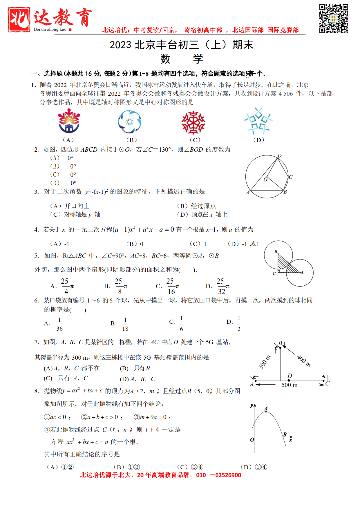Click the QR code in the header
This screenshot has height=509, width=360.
334,19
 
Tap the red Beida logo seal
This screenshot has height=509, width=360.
19,19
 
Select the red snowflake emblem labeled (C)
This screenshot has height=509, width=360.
193,122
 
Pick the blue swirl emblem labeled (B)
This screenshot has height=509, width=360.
130,122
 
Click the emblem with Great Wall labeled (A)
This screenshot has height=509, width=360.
69,121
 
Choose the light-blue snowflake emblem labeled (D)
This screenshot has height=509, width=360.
258,121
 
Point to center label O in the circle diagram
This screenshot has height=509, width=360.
265,180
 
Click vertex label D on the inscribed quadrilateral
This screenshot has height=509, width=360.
280,156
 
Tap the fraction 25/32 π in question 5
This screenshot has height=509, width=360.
223,286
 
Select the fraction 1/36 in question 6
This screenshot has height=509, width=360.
59,324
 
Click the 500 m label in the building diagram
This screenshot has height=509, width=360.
290,385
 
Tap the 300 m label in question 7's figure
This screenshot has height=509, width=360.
264,362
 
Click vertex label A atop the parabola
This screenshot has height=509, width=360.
266,409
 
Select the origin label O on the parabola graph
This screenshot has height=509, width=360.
252,440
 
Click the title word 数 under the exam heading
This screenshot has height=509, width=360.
165,59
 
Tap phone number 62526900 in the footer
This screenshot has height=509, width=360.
228,475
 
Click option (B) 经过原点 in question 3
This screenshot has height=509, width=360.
197,206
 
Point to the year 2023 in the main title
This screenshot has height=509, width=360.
120,45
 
